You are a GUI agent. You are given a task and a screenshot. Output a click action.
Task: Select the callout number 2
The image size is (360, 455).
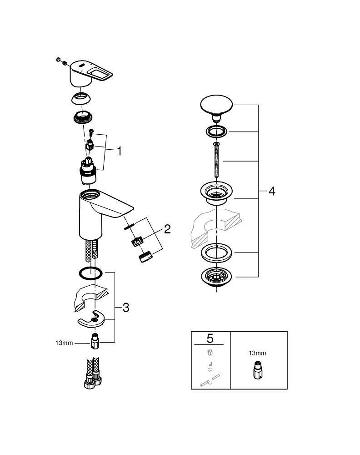click(x=167, y=229)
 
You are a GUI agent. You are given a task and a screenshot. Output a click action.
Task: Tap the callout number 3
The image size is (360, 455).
click(x=125, y=308)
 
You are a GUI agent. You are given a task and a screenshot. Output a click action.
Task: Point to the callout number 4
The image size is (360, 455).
click(x=271, y=191)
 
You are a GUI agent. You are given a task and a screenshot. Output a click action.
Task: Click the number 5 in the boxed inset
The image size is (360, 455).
click(x=210, y=338)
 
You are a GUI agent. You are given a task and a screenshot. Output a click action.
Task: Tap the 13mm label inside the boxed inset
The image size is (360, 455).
click(x=258, y=353)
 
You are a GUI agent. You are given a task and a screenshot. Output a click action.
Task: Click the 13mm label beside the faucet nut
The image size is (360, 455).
click(x=64, y=343)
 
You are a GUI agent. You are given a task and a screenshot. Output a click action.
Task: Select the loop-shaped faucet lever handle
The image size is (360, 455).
click(x=91, y=73)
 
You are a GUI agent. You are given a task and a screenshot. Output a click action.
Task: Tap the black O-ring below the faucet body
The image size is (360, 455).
click(x=90, y=273)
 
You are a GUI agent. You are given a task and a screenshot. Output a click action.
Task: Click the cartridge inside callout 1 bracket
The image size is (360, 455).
click(x=90, y=171)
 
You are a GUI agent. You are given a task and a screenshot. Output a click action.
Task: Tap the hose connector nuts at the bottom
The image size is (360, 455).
click(x=92, y=381)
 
